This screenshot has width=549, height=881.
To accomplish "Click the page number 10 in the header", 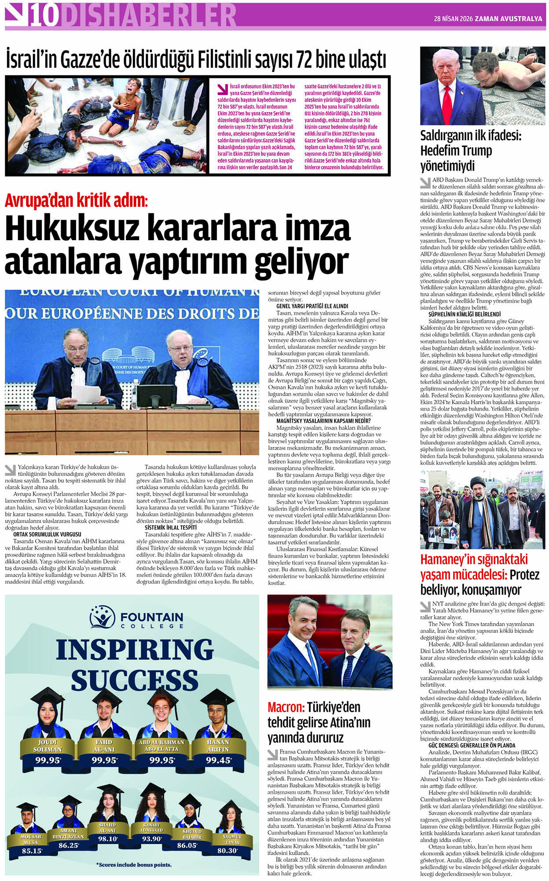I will [x=44, y=16].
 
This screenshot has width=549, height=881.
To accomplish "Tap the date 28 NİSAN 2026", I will [x=453, y=19].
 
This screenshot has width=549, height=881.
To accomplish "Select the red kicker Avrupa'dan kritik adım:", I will [x=76, y=201].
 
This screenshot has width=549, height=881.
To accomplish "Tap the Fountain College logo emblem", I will [x=103, y=617].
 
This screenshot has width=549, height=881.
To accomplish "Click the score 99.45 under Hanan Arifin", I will [x=218, y=760].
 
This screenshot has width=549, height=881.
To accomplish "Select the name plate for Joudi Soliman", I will [x=47, y=746].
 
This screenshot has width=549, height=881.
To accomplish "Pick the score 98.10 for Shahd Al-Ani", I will [x=108, y=839].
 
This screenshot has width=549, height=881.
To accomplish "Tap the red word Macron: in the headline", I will [x=286, y=708].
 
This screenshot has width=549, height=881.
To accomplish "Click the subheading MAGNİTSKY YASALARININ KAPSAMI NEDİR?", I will [x=323, y=421].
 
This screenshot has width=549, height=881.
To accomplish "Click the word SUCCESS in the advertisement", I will [x=134, y=680].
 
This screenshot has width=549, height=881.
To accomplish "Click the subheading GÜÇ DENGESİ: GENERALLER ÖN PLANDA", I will [x=472, y=745].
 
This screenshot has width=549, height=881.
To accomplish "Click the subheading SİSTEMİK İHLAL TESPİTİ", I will [x=170, y=527].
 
